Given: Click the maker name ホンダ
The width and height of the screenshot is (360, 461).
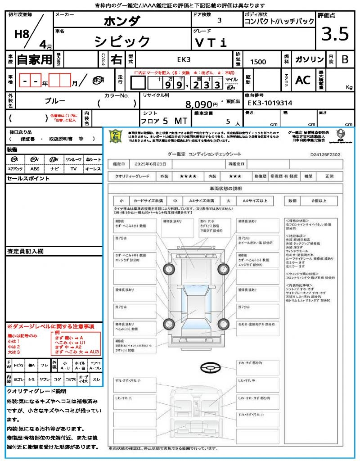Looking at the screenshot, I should [x=122, y=21].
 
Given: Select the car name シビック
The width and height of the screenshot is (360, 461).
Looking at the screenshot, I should [x=122, y=41].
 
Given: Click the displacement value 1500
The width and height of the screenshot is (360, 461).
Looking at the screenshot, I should [x=258, y=62].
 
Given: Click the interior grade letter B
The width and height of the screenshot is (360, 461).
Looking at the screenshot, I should [x=345, y=59].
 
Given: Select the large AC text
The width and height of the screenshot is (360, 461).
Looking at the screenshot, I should [x=303, y=80].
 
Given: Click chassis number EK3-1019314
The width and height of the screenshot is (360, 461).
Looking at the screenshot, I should [x=270, y=103].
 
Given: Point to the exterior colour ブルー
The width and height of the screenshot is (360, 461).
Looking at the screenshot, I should [x=55, y=101].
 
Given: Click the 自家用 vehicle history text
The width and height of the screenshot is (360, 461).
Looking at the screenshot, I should [x=35, y=59].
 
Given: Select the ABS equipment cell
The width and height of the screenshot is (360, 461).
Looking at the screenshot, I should [x=35, y=169].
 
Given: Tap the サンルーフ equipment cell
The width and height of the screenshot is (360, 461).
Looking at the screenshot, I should [x=73, y=160].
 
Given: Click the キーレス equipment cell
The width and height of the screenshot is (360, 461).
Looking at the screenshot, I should [x=93, y=169].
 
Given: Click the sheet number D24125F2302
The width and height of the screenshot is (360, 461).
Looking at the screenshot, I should [x=325, y=154].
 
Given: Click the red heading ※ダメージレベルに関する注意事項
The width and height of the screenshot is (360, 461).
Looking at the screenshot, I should [x=50, y=326].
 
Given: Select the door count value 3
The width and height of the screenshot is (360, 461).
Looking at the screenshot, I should [x=219, y=21].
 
